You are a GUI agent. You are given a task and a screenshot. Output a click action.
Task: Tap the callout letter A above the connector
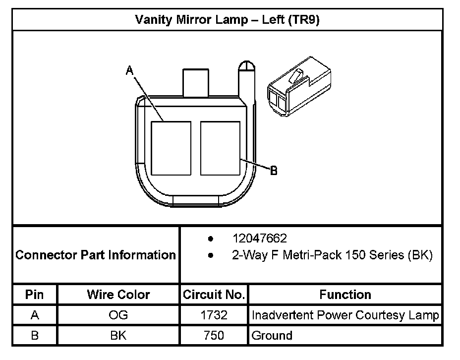(130, 71)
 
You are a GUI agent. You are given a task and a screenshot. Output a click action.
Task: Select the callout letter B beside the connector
(273, 171)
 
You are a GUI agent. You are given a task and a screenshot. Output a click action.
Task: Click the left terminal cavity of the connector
(171, 148)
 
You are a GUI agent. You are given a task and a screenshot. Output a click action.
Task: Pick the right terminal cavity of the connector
(220, 148)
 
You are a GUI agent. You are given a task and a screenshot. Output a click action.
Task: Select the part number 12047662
(260, 239)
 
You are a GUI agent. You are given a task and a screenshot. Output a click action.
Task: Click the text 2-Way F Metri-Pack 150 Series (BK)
(332, 255)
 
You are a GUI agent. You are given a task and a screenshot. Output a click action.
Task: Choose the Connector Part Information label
(96, 255)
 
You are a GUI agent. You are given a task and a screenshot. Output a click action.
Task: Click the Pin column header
(35, 295)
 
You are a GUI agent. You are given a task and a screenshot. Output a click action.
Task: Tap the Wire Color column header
(118, 295)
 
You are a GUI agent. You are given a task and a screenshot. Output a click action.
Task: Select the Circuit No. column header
(214, 295)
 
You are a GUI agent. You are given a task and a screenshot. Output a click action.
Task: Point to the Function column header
(345, 295)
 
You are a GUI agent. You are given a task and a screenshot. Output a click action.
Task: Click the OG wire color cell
(118, 315)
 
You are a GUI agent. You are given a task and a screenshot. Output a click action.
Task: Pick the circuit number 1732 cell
(214, 315)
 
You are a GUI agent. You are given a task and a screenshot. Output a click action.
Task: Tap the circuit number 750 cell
(214, 335)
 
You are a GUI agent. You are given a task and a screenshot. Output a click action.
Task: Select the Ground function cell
(272, 335)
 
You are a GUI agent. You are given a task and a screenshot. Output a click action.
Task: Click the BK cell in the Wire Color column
(118, 335)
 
